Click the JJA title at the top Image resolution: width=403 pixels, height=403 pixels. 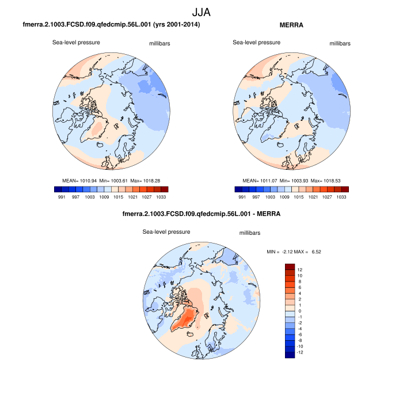[x=201, y=12]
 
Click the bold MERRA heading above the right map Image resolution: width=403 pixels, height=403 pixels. [x=291, y=25]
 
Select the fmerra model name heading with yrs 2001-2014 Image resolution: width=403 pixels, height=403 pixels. [x=111, y=25]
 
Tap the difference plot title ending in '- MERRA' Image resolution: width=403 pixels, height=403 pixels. [x=201, y=214]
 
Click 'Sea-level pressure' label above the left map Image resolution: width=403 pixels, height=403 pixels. [x=77, y=42]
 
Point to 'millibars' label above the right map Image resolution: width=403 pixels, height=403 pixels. [x=340, y=43]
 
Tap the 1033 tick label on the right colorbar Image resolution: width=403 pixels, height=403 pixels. [x=341, y=197]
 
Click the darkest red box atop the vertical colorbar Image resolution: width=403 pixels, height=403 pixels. [x=290, y=267]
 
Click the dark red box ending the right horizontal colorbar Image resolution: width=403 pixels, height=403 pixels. [x=345, y=189]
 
